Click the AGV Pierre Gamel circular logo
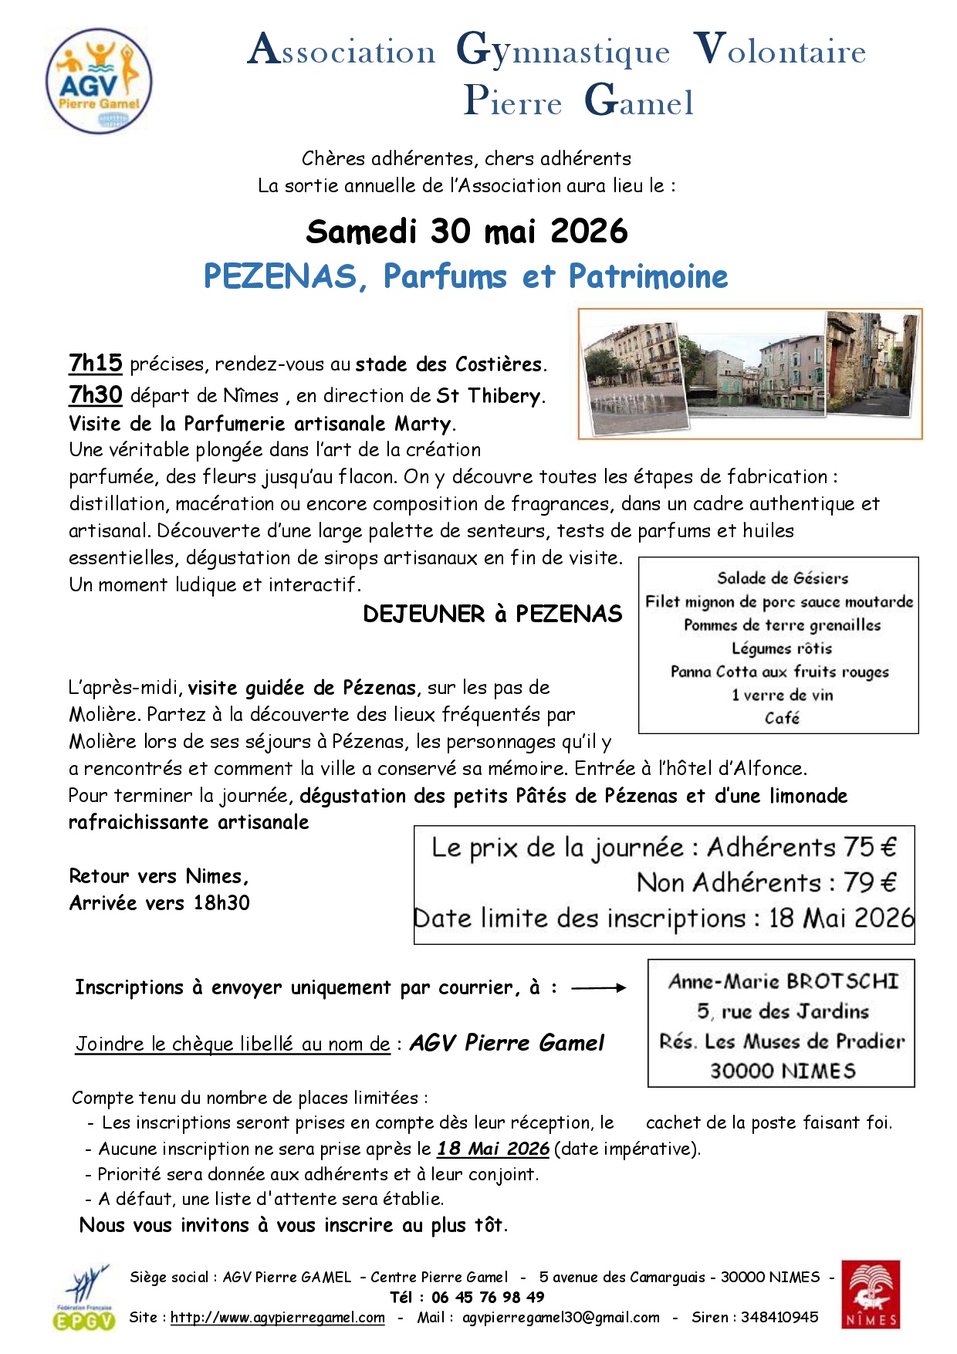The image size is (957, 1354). pos(99,80)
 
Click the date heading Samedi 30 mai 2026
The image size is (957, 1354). pos(467,232)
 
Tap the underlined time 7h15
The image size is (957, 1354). pos(96,363)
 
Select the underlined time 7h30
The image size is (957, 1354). pos(96,394)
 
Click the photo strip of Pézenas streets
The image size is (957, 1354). pos(749,374)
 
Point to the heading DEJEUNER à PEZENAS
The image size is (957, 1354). pos(492,614)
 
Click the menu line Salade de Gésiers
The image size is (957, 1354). pos(782,578)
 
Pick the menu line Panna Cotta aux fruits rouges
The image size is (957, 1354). pos(779,672)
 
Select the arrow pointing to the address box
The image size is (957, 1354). pos(598,987)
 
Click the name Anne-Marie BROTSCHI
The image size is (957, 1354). pos(783,981)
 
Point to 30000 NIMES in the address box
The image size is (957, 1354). pos(783,1071)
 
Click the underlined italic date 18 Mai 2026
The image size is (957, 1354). pos(493,1149)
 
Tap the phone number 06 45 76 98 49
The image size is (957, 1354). pos(488,1297)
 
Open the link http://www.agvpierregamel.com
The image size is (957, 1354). pos(278,1318)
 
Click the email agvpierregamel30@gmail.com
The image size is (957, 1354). pos(561,1318)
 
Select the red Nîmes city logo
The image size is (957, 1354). pos(871,1295)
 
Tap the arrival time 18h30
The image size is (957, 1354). pos(221,903)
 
